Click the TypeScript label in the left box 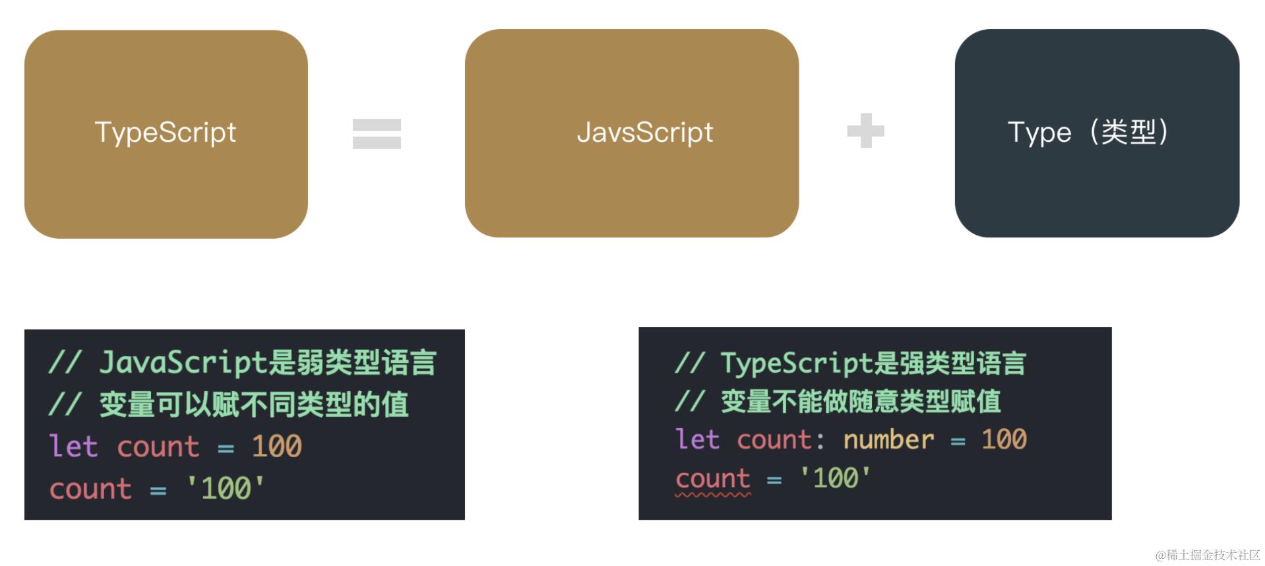[166, 133]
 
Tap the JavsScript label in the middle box [644, 133]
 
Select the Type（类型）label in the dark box [1088, 133]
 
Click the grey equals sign [377, 134]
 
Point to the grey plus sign [865, 131]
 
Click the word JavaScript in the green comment [182, 362]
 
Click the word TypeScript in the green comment [797, 363]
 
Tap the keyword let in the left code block [73, 447]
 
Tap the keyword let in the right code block [697, 439]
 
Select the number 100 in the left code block [276, 447]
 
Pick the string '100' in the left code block [226, 489]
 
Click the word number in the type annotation [888, 439]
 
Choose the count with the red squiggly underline [713, 479]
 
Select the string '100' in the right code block [835, 478]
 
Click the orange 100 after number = [1004, 439]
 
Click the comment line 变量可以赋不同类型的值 [254, 404]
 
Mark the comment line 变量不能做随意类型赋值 [860, 401]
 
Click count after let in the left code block [158, 447]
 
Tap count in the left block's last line [91, 489]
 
